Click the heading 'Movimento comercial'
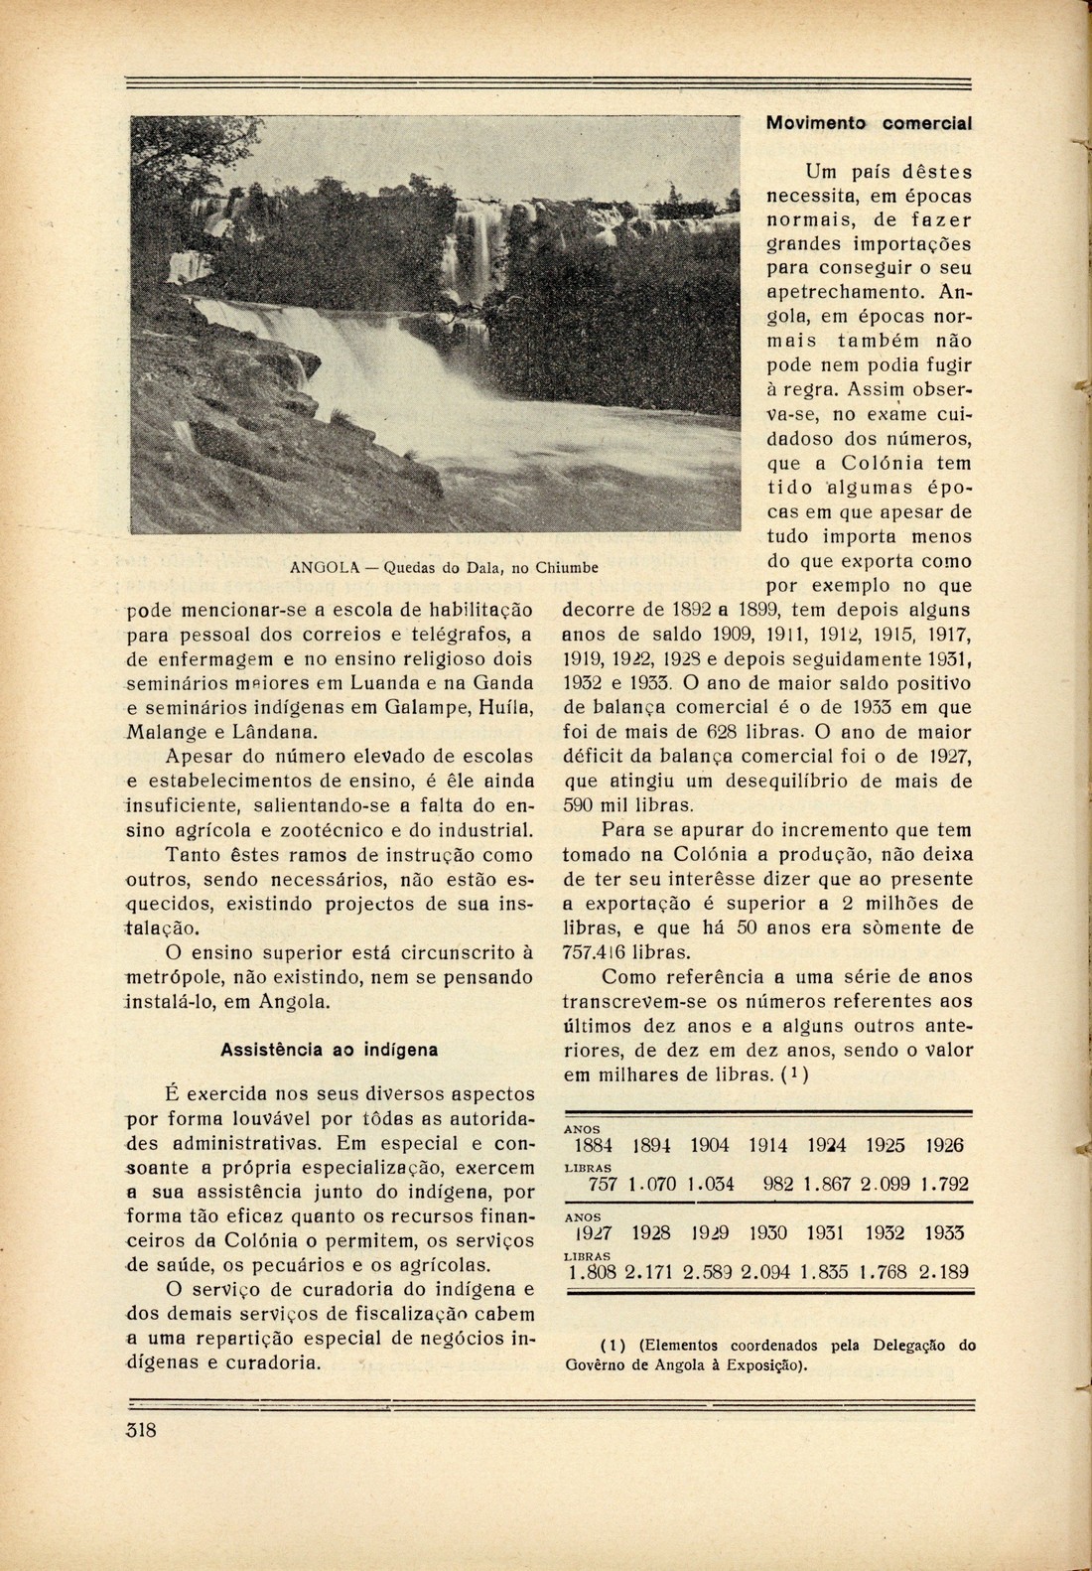click(868, 123)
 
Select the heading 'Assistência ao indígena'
click(330, 1049)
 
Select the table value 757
click(604, 1185)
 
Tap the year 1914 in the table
click(767, 1145)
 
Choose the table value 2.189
click(942, 1272)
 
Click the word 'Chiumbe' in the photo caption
click(567, 569)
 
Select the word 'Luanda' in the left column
click(388, 682)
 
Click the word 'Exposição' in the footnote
click(766, 1363)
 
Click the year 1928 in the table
click(651, 1233)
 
